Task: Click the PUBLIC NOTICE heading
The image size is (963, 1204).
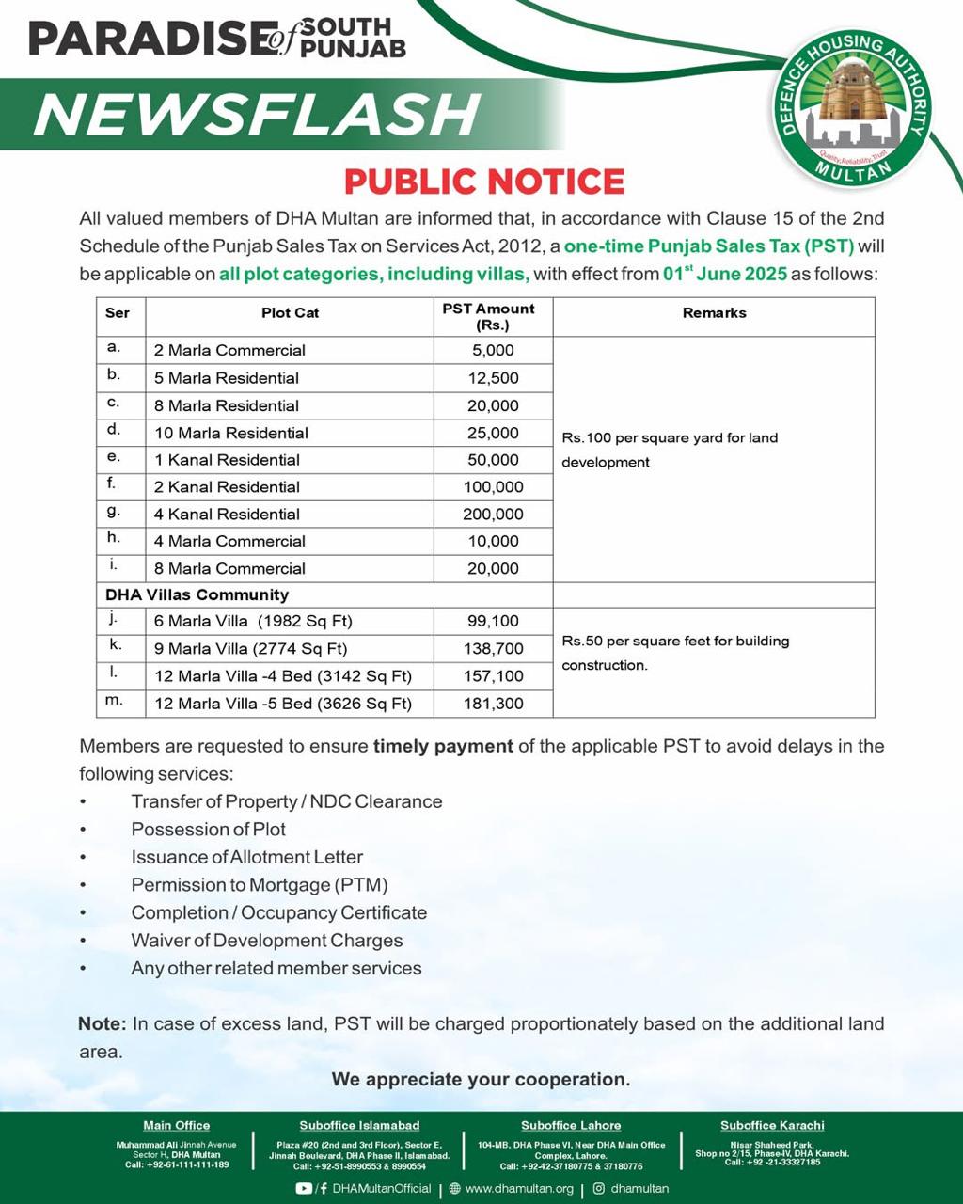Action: [484, 182]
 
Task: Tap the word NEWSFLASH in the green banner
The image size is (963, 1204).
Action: [257, 114]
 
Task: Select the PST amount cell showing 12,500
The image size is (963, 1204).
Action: [493, 378]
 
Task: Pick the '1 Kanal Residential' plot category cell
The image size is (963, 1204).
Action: [227, 460]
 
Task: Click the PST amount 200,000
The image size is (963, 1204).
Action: [493, 515]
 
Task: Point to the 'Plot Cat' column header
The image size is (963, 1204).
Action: [290, 313]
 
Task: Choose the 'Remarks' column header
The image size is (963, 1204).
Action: [714, 313]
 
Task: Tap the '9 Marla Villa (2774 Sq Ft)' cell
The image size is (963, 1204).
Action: [251, 649]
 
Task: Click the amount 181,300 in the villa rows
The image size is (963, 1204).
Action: [493, 704]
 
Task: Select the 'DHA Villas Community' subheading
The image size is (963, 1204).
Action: [197, 594]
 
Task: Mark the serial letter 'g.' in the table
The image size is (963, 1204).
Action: [114, 513]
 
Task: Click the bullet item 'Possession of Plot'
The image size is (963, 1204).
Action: [209, 830]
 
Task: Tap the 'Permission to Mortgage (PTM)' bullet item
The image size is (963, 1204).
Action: [260, 885]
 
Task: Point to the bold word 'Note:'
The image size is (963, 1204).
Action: [102, 1023]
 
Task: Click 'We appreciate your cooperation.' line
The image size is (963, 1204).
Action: [481, 1079]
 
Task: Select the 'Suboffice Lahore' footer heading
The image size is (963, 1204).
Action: [571, 1125]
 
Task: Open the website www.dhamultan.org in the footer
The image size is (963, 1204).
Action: [519, 1189]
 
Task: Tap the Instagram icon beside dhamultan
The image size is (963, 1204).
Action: [598, 1189]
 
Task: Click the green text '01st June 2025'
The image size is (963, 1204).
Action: [724, 275]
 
